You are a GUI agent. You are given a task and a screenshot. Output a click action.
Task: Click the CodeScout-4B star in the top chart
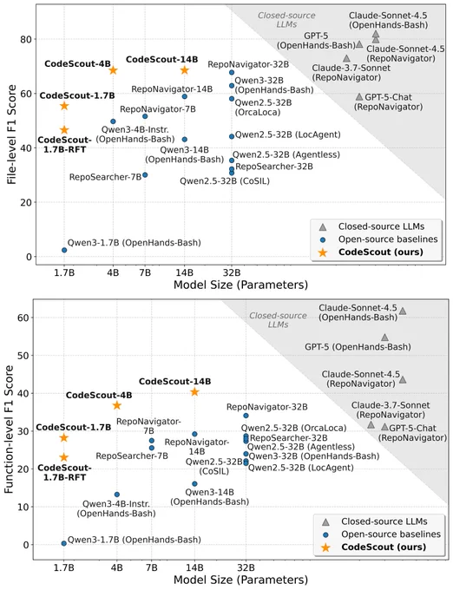tap(113, 70)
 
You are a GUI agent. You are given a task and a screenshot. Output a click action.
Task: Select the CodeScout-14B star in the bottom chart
tap(194, 392)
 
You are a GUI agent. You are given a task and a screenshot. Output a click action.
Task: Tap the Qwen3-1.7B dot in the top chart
tap(64, 250)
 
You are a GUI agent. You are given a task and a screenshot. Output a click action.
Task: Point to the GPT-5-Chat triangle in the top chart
tap(359, 97)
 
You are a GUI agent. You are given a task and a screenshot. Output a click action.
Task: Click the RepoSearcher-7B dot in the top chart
tap(145, 175)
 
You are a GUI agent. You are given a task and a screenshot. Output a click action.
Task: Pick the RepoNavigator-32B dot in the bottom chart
tap(246, 416)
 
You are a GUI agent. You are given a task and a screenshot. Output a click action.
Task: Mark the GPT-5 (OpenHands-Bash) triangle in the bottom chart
tap(384, 338)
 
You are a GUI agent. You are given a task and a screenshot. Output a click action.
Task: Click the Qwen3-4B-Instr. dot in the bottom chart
tap(117, 495)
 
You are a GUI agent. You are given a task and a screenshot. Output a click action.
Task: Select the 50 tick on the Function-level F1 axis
tap(23, 356)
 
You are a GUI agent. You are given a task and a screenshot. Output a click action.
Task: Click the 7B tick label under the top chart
tap(145, 272)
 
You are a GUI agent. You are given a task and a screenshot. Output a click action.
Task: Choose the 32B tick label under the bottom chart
tap(246, 567)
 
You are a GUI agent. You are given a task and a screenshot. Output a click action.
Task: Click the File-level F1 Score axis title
tap(11, 134)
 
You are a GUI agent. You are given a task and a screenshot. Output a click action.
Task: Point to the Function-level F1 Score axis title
tap(9, 429)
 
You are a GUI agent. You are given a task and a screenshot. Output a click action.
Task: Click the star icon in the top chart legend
tap(323, 252)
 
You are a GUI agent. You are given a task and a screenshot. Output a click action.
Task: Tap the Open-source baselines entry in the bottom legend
tap(391, 534)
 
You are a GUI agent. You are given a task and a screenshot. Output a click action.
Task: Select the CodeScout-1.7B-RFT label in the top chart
tap(64, 145)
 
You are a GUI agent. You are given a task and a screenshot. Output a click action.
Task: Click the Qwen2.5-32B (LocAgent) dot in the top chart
tap(232, 136)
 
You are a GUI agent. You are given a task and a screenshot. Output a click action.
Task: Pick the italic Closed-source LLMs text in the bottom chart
tap(278, 320)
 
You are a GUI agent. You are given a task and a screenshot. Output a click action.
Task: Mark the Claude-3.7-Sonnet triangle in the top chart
tap(346, 58)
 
